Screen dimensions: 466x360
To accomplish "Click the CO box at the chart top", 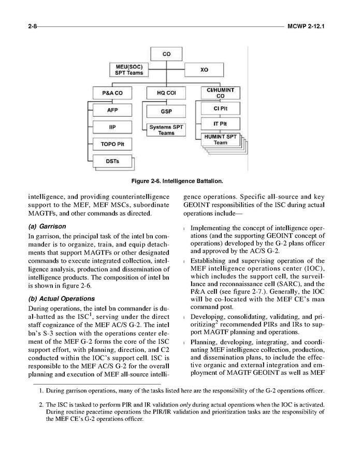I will click(x=166, y=53).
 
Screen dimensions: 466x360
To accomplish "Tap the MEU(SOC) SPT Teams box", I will click(x=128, y=69).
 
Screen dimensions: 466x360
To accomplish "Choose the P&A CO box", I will click(x=111, y=93).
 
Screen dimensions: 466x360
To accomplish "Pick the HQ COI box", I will click(x=166, y=93).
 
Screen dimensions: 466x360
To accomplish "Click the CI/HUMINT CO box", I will click(x=220, y=93).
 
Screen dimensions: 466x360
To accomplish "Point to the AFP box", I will click(x=112, y=110).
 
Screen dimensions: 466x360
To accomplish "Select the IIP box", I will click(x=112, y=126).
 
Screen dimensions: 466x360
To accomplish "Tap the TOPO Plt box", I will click(x=112, y=143).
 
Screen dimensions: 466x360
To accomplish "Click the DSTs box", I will click(x=112, y=161).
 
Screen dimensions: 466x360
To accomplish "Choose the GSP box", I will click(x=166, y=111).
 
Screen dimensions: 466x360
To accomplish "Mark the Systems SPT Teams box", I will click(x=166, y=130).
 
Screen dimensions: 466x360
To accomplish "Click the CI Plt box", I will click(x=220, y=109).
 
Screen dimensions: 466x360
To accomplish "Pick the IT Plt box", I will click(x=220, y=124).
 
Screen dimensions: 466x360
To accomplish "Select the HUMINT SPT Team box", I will click(x=220, y=139).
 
